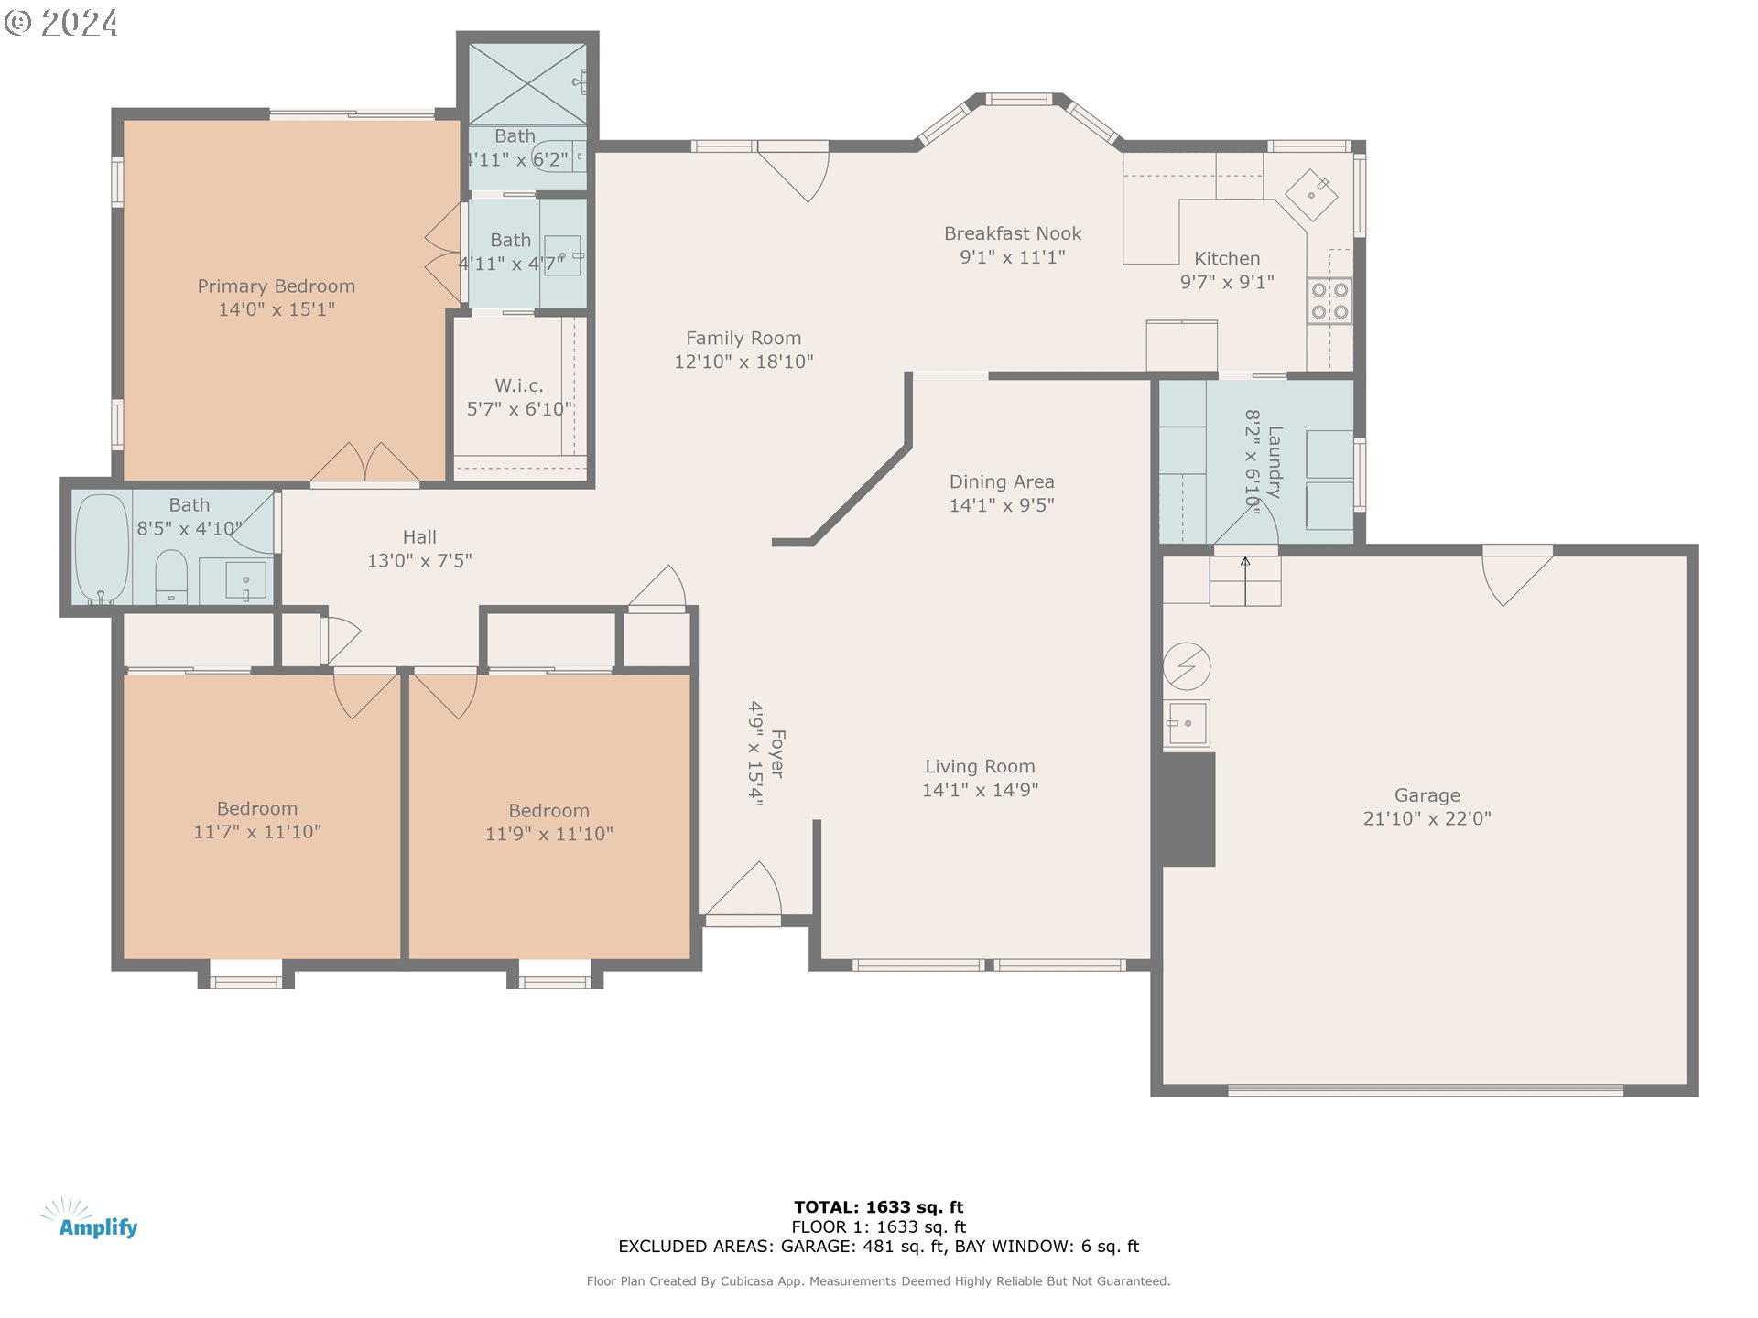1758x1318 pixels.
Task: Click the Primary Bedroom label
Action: (277, 286)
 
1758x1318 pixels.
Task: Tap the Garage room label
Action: (1427, 795)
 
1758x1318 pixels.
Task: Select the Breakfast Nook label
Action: (1013, 233)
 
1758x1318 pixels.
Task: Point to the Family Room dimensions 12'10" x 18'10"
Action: (743, 362)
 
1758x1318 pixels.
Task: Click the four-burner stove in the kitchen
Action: (1329, 301)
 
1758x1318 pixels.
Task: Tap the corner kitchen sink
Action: (1311, 195)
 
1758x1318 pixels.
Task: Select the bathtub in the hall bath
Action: (101, 548)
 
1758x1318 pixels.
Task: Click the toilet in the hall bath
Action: (171, 578)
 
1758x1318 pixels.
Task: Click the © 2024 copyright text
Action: (61, 23)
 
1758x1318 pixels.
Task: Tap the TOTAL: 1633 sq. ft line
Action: (879, 1207)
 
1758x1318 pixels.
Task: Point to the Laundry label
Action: (1275, 461)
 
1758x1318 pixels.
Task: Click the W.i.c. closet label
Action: (519, 385)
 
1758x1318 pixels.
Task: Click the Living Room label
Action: (980, 766)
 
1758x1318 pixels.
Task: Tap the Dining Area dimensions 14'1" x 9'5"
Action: (1002, 505)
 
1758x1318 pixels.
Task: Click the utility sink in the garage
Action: (1188, 724)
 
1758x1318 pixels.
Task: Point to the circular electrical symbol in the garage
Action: (1187, 665)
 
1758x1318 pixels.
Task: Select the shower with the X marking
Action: (527, 83)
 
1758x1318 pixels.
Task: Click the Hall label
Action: (419, 537)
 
